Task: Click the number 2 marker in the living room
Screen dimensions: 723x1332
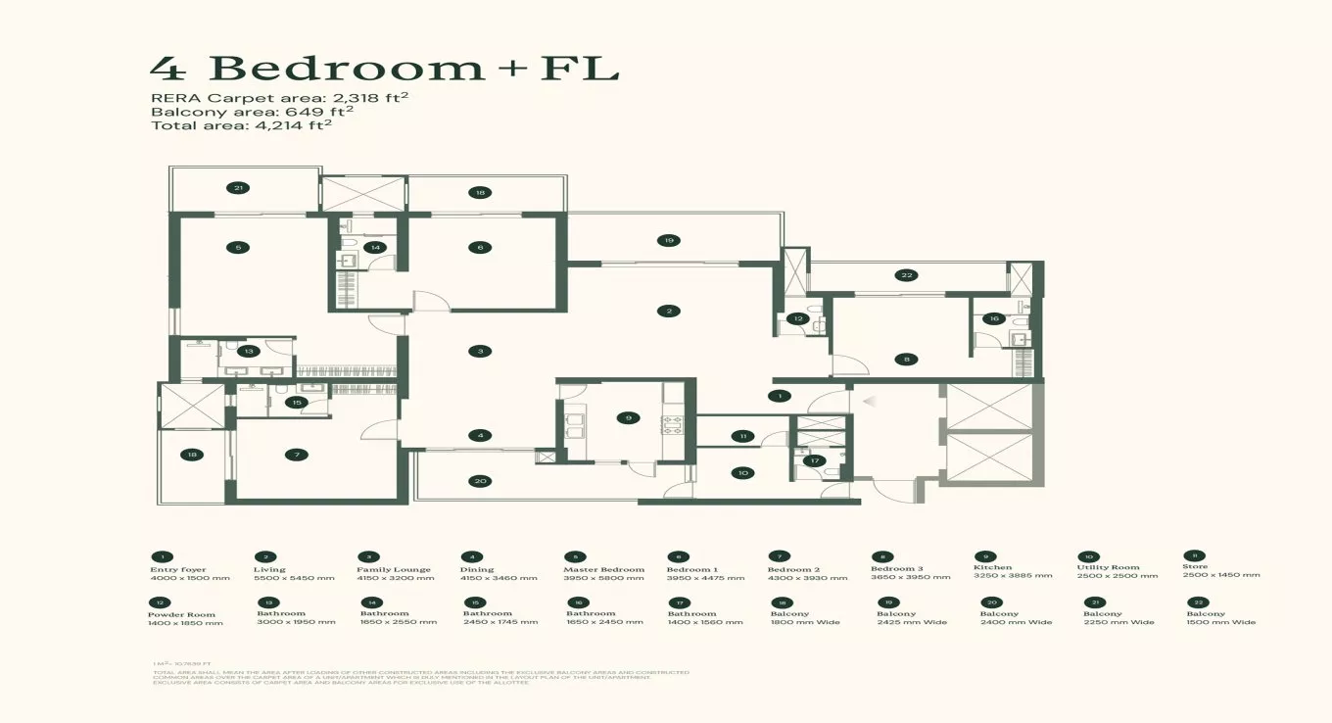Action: (669, 312)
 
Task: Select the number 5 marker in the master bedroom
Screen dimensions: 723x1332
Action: (238, 248)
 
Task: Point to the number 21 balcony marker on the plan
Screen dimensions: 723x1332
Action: (238, 187)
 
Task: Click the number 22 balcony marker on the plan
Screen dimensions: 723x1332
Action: (908, 275)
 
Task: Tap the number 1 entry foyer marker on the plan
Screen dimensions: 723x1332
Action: (780, 396)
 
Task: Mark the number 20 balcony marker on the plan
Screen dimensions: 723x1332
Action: (480, 481)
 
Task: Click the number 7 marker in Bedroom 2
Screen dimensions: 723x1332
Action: (296, 455)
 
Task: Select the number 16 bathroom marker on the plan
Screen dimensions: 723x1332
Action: (994, 318)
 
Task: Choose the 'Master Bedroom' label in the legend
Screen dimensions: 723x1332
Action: (603, 569)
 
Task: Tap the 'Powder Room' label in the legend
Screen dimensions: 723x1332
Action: (181, 615)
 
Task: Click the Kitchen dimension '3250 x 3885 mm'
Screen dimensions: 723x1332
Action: (1013, 576)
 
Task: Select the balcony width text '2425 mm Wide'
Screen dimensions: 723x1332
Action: (911, 622)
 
